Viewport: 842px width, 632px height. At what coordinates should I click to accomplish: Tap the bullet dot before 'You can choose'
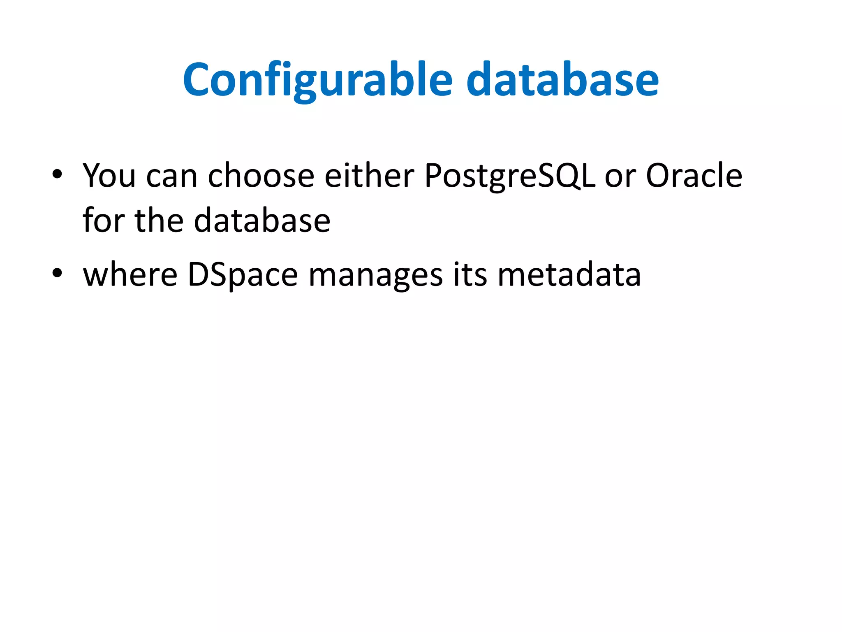point(57,174)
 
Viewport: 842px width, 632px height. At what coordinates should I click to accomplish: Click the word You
point(109,176)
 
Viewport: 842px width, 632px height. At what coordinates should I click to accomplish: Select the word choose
point(261,176)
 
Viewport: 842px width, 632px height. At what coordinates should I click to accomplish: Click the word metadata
point(569,274)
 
